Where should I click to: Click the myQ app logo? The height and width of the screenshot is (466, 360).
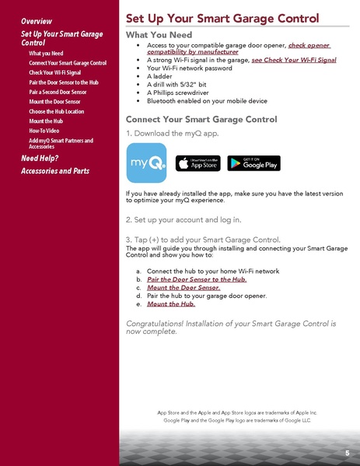[x=146, y=163]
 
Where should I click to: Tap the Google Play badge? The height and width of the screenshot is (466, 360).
[x=253, y=163]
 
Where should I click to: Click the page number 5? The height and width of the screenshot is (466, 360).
[x=347, y=453]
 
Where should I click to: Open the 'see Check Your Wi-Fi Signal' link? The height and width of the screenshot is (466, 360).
[x=294, y=59]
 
